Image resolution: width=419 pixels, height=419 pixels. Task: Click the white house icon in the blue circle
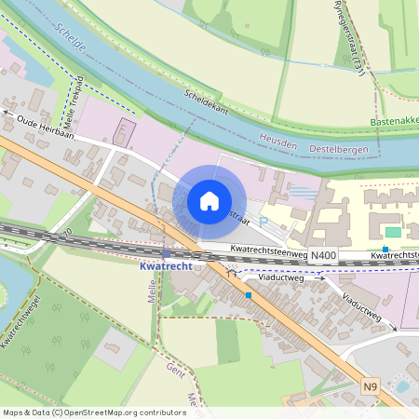209,200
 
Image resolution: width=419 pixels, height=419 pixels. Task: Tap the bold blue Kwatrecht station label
166,266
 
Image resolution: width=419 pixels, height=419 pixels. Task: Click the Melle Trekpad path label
74,102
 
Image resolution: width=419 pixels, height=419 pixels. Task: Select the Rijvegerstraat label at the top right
348,33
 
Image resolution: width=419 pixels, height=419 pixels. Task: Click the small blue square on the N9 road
249,295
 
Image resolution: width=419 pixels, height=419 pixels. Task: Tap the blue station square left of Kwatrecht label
166,252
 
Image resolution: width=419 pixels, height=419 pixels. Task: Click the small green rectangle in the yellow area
393,231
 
